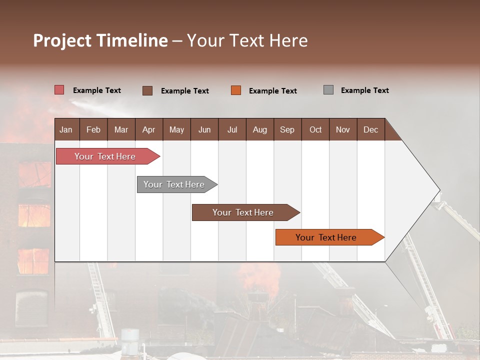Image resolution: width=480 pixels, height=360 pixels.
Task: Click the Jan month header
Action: pos(66,129)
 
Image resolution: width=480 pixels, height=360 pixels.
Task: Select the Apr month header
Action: pos(148,129)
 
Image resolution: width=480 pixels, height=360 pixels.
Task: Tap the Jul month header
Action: pos(232,129)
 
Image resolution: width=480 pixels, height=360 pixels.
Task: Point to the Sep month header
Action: pos(287,129)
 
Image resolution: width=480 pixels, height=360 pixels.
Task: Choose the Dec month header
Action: pos(370,129)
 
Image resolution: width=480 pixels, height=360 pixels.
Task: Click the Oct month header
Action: pos(315,129)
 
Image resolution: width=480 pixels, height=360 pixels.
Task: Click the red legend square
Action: pos(59,90)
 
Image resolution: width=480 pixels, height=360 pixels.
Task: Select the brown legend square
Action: pos(147,90)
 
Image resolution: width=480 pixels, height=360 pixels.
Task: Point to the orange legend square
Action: pos(236,90)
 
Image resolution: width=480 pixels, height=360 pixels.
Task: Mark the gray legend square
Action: pos(328,90)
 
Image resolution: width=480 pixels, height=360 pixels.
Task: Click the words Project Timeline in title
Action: pos(100,40)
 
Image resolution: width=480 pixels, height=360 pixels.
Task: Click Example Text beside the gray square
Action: pos(364,90)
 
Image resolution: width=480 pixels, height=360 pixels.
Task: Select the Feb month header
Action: pos(93,129)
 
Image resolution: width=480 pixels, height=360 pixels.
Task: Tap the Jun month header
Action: pos(204,129)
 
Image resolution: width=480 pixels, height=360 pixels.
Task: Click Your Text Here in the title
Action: pos(247,40)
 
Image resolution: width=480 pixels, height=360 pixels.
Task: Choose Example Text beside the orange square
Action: pos(272,91)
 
